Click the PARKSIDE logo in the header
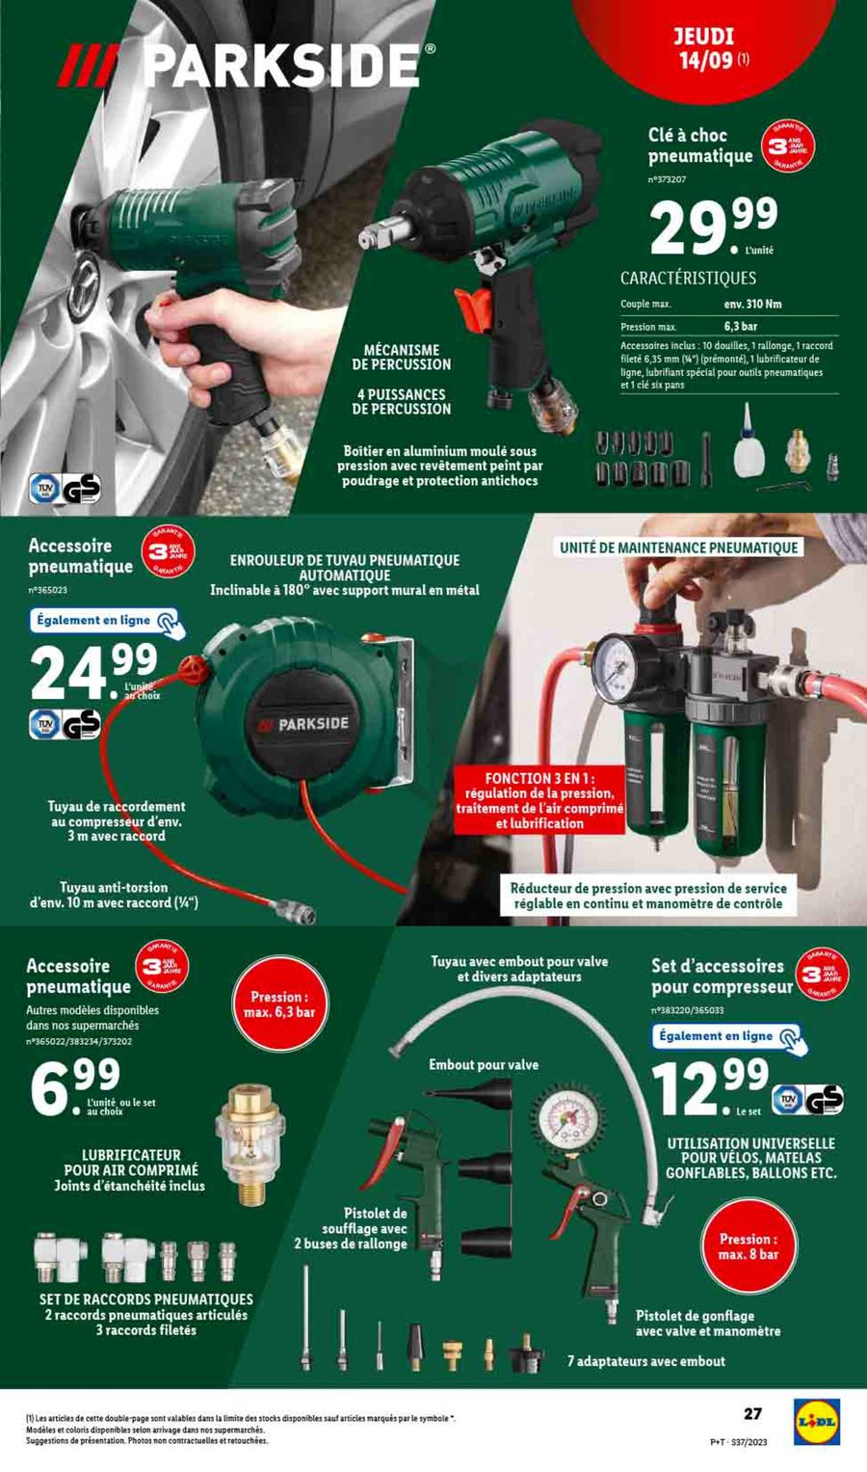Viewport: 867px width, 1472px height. pos(246,67)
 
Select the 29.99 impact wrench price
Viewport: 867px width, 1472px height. pos(713,227)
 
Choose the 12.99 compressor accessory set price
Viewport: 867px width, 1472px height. pos(710,1085)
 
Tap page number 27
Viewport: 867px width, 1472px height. pos(752,1413)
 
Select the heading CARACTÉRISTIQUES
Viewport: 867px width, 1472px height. pos(688,278)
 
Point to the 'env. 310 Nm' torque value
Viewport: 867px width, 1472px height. pos(752,305)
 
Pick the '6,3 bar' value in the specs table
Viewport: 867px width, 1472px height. pos(741,327)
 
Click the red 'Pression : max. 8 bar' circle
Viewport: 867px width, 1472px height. pos(749,1246)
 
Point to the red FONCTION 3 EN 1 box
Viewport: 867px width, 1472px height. pos(539,799)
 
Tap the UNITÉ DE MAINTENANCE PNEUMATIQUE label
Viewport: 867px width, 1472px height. pos(678,548)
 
